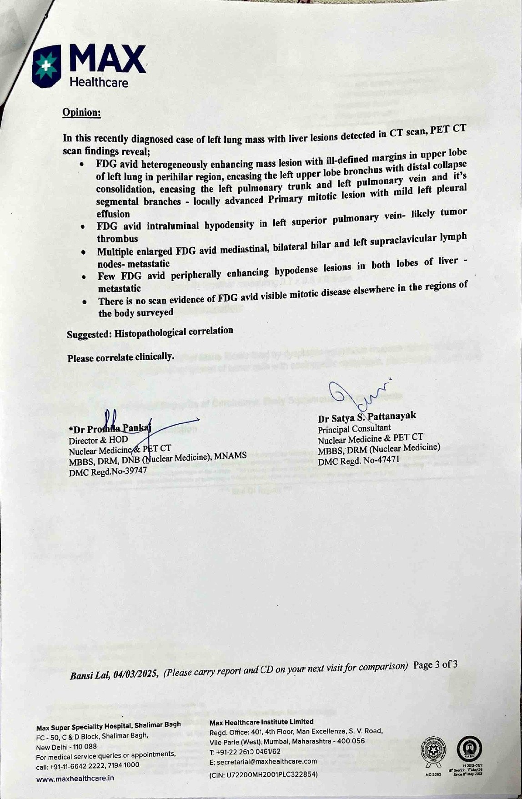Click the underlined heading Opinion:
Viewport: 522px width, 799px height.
(x=81, y=112)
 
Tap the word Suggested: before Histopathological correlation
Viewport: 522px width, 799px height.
(x=89, y=334)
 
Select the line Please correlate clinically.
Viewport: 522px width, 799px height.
(x=120, y=357)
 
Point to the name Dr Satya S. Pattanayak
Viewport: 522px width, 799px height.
(x=366, y=417)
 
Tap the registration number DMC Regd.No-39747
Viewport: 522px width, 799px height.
(x=108, y=472)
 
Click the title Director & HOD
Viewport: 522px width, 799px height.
(x=98, y=440)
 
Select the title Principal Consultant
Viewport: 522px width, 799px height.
(x=354, y=429)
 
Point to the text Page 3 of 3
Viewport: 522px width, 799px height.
(x=435, y=665)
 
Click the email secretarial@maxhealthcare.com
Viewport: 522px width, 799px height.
(x=263, y=761)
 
